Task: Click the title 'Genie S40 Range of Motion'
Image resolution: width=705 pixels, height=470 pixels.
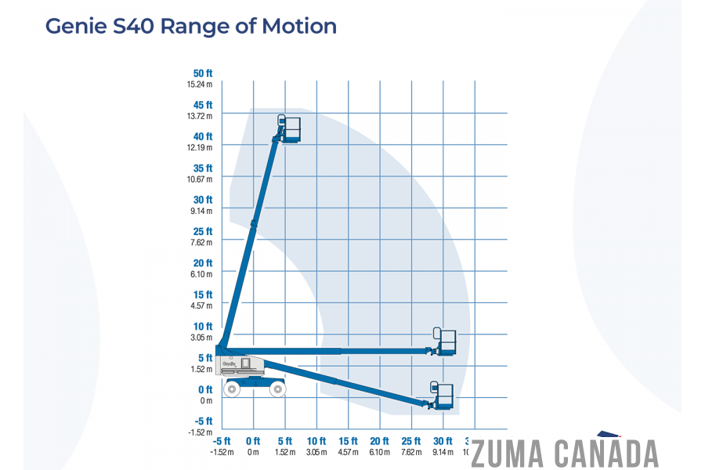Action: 191,26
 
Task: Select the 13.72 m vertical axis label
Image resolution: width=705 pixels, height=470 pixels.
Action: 200,116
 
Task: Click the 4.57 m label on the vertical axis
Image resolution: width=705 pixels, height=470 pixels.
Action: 200,305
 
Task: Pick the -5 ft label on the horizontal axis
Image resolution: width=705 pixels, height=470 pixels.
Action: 222,441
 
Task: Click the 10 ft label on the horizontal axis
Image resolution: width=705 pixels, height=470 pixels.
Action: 316,441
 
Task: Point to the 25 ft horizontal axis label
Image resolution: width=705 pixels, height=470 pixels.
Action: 411,441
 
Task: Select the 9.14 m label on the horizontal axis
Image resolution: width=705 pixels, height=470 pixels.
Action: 443,452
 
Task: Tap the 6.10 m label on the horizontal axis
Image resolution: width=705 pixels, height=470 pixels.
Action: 380,452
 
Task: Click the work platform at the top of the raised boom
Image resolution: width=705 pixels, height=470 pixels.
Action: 291,128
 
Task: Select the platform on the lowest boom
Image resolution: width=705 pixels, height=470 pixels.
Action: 444,396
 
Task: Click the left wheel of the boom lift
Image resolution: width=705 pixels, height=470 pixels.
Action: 232,389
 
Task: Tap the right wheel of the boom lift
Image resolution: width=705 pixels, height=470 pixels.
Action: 277,389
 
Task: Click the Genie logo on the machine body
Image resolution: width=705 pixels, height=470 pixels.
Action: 229,363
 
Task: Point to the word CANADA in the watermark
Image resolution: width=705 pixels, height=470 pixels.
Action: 607,454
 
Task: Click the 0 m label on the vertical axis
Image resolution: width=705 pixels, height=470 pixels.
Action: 205,401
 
